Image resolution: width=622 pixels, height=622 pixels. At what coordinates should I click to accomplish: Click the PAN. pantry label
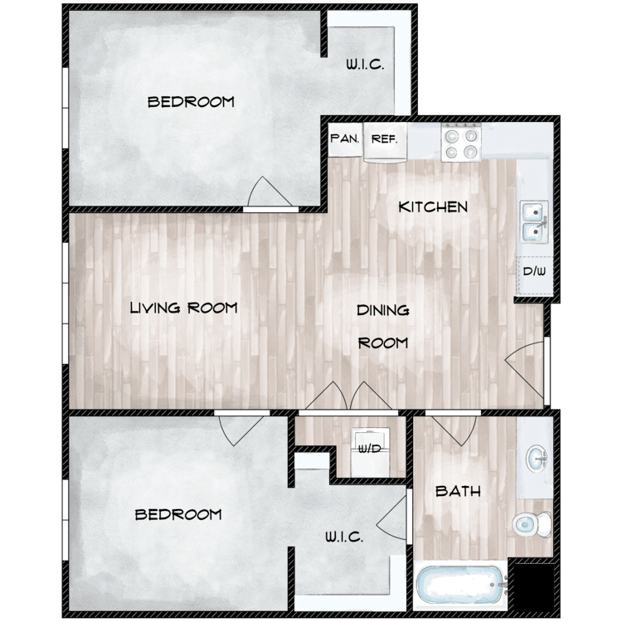(345, 138)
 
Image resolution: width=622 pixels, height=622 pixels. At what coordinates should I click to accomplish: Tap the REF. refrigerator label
(384, 139)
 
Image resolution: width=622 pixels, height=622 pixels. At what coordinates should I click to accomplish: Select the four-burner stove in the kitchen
(461, 143)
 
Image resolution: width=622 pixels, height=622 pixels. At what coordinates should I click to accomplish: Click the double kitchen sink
(534, 221)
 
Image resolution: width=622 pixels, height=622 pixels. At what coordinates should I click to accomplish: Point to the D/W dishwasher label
(534, 271)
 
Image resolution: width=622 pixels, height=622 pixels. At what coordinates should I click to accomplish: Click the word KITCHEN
(433, 207)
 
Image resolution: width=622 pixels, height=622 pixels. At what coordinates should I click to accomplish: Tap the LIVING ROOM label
(183, 308)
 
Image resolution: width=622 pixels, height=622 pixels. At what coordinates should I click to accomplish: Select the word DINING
(383, 310)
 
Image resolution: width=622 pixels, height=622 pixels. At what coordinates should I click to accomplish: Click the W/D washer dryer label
(369, 449)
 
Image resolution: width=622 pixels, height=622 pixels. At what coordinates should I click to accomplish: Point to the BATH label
(458, 492)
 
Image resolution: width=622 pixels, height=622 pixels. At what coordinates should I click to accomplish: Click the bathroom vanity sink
(537, 459)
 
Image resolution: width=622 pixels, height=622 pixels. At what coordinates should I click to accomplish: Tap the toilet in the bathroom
(532, 524)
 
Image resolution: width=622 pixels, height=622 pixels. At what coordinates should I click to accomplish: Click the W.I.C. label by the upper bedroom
(365, 65)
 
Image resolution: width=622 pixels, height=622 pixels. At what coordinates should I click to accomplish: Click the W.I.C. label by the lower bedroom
(344, 537)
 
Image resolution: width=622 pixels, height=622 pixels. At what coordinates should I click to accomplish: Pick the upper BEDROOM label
(191, 102)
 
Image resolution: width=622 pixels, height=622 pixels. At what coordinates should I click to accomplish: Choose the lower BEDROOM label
(178, 515)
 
